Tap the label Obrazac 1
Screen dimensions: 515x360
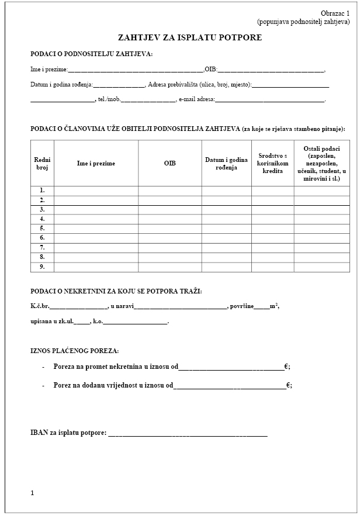click(335, 13)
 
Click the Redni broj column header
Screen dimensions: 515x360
click(42, 164)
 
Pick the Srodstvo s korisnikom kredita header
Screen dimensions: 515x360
click(272, 164)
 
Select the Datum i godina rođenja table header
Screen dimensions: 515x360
click(226, 164)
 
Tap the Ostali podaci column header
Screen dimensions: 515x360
click(321, 164)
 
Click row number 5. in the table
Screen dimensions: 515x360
click(42, 228)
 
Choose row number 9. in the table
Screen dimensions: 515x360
click(42, 267)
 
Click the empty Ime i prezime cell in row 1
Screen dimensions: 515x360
click(96, 190)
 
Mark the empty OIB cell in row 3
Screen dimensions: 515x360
click(169, 209)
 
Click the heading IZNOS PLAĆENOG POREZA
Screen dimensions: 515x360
click(74, 351)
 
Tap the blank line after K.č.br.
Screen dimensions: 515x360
click(79, 306)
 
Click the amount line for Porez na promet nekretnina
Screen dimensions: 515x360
click(231, 368)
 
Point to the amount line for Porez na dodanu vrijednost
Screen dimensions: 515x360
click(230, 386)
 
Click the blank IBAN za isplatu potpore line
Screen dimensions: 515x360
click(188, 434)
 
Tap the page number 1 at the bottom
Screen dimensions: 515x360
click(33, 493)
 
